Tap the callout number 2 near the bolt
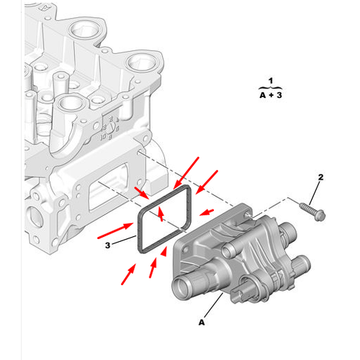[321, 177]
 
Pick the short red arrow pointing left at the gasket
[206, 211]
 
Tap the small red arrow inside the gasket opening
[161, 212]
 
